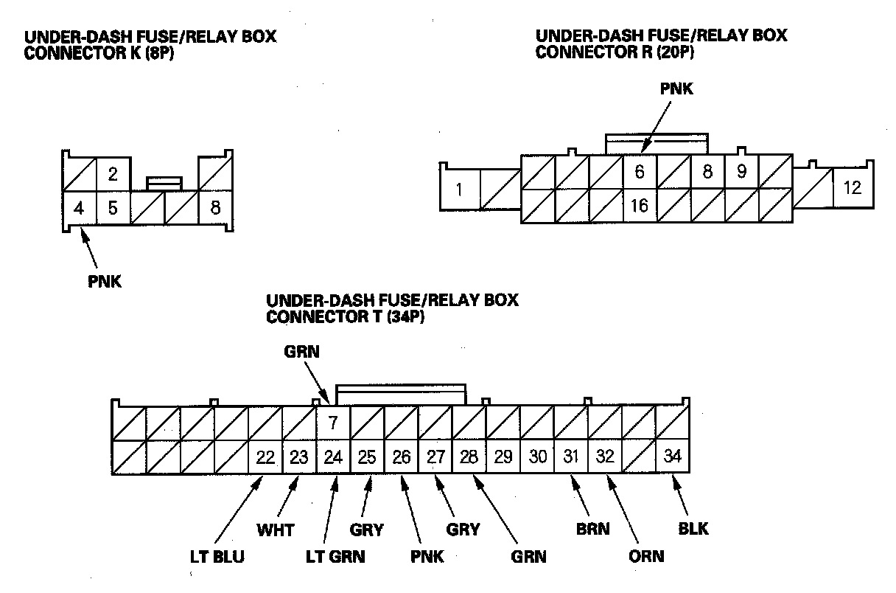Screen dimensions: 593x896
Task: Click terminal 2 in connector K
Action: tap(113, 175)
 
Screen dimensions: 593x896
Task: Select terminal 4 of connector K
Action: tap(79, 208)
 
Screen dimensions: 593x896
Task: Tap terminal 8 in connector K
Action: tap(215, 208)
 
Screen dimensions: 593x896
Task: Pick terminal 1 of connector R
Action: tap(459, 190)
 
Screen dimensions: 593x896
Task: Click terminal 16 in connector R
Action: tap(640, 206)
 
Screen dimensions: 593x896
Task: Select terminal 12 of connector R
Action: tap(853, 187)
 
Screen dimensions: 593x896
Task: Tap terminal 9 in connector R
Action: tap(741, 172)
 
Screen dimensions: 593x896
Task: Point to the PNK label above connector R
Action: tap(676, 89)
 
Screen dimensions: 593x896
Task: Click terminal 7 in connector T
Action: tap(333, 423)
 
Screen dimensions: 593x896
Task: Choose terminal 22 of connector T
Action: tap(265, 457)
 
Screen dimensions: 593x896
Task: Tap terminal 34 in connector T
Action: tap(673, 457)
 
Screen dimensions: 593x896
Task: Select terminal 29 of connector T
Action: tap(503, 457)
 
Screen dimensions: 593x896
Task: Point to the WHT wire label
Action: tap(275, 530)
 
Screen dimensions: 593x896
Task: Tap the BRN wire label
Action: tap(592, 529)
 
